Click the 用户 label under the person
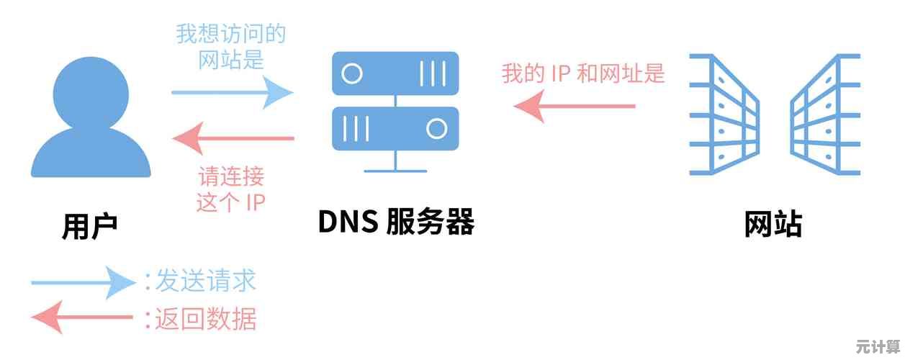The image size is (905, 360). point(89,226)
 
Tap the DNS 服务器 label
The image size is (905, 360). point(395,222)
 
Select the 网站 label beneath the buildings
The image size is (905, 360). point(773,225)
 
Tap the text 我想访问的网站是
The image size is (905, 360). point(230,46)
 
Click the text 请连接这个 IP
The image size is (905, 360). point(230,189)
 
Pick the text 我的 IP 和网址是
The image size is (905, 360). point(582,73)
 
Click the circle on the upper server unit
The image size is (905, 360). point(351,73)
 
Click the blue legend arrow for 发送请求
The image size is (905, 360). point(83,282)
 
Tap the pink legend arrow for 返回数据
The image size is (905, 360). point(83,318)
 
